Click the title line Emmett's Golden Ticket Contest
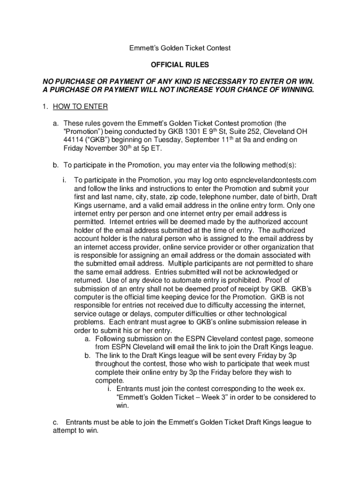(x=180, y=48)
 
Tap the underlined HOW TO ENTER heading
(x=80, y=107)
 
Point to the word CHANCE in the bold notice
(x=250, y=89)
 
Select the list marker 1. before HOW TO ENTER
(x=45, y=107)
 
